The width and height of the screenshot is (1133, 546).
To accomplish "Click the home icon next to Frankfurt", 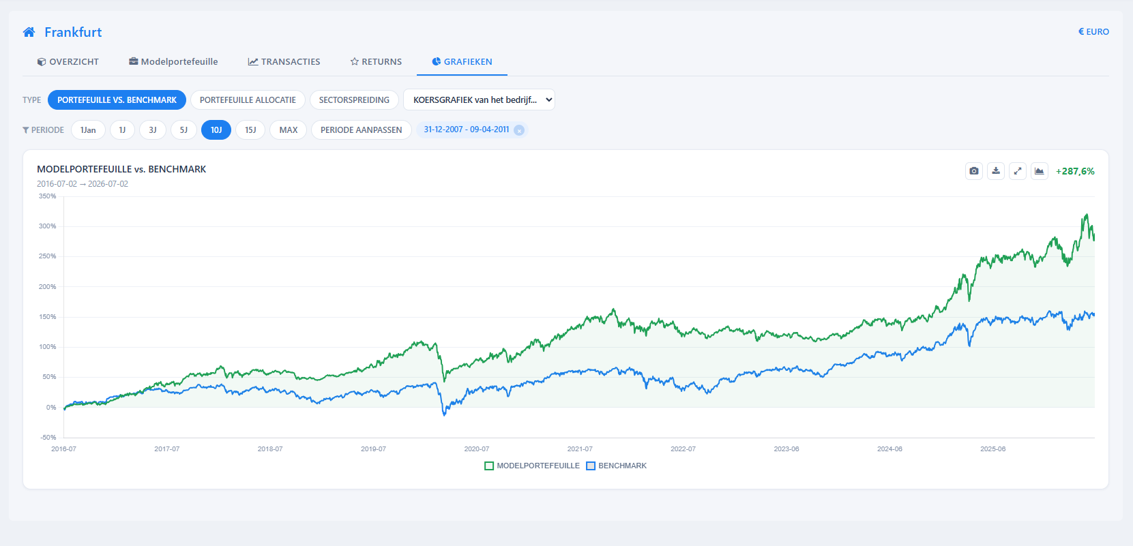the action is (x=29, y=32).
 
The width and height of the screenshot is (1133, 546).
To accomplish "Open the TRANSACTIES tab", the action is (x=284, y=61).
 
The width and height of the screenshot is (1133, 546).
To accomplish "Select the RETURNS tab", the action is (x=376, y=61).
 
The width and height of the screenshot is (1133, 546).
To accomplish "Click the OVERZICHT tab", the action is (x=68, y=61).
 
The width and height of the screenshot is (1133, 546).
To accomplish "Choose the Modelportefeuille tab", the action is (x=173, y=61).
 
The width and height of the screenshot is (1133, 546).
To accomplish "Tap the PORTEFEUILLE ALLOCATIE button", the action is (x=248, y=100).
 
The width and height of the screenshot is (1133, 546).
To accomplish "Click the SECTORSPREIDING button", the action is (x=354, y=100).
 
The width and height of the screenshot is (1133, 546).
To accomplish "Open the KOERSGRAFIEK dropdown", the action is (x=479, y=100).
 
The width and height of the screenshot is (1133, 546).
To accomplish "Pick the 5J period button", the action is (x=183, y=130).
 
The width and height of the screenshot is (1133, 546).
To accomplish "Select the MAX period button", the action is (x=289, y=130).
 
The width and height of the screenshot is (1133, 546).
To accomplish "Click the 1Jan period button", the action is (x=88, y=130).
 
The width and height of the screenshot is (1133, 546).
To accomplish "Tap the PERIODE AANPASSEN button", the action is (x=361, y=130).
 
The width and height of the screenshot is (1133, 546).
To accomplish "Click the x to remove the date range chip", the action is (x=519, y=130).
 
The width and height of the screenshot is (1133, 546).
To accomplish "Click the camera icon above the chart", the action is (x=973, y=171).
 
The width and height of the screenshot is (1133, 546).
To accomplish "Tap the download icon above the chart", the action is (x=996, y=171).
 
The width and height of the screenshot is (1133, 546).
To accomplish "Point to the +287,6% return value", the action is (x=1075, y=171).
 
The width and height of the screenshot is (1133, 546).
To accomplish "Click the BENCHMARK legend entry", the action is (x=617, y=466).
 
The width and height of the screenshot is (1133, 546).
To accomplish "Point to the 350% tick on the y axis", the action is (x=48, y=196).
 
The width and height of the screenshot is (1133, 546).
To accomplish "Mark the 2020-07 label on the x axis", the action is (x=477, y=449).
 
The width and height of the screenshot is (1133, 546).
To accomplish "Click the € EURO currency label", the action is (x=1093, y=32).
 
